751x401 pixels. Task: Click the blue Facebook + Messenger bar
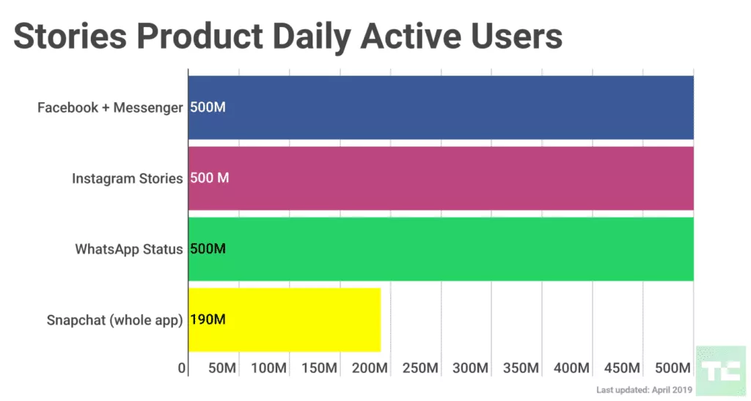point(440,107)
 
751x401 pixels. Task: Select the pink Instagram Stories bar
point(440,178)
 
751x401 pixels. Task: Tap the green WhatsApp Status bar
point(440,249)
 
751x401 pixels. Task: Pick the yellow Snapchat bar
point(285,319)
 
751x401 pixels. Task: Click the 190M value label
point(208,319)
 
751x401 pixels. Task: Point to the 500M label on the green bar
point(208,249)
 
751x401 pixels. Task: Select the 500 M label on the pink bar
point(209,178)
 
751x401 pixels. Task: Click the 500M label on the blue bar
point(208,107)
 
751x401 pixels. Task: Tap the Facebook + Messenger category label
point(110,108)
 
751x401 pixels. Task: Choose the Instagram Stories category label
point(127,178)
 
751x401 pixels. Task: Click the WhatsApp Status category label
point(128,249)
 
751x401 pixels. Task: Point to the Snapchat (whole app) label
point(114,320)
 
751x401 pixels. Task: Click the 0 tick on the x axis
point(182,367)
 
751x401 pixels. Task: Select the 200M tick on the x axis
point(370,367)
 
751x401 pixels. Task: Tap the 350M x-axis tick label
point(521,367)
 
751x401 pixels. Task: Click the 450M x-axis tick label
point(623,367)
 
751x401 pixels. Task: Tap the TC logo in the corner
point(719,370)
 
